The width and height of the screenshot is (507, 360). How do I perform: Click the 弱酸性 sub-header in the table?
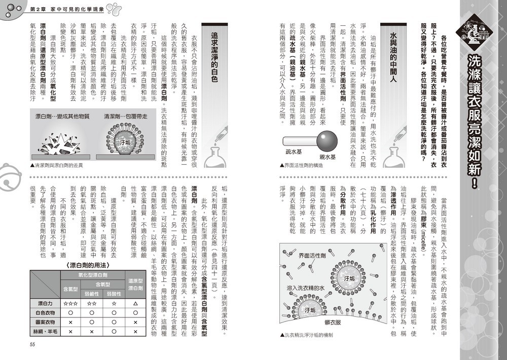114,294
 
